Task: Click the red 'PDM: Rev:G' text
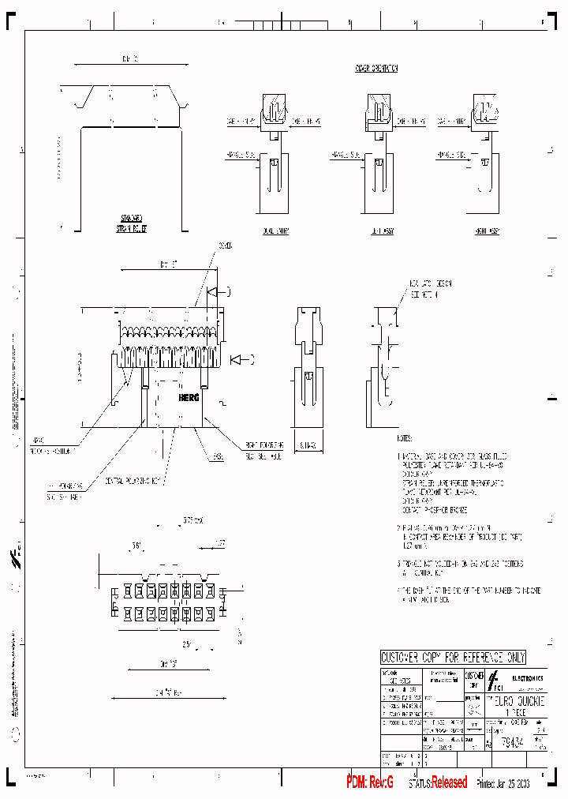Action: [370, 782]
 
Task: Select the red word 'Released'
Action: [450, 782]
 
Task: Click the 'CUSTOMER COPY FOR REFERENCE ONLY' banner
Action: [453, 658]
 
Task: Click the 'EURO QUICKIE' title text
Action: [516, 700]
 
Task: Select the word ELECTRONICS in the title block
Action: [527, 678]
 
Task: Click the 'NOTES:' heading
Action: [405, 436]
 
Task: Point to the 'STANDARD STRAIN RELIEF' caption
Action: [134, 223]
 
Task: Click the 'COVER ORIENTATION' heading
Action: [376, 69]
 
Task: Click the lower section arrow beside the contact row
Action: [238, 361]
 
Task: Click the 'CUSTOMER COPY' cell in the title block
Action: [474, 681]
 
